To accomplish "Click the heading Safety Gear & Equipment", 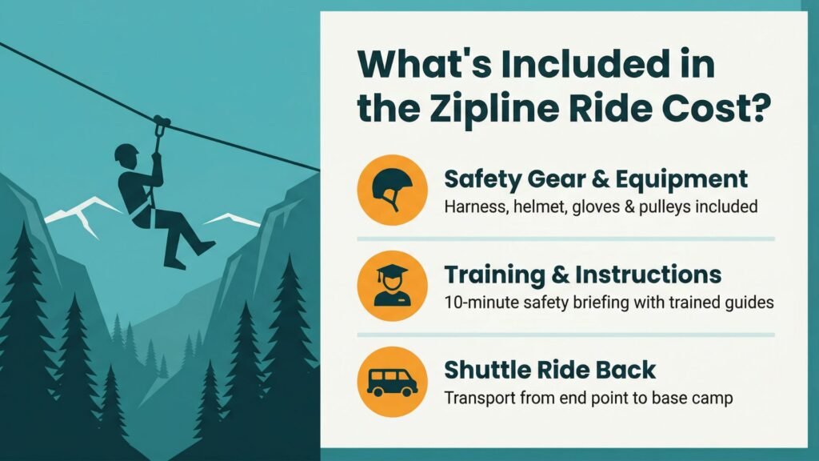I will (596, 178).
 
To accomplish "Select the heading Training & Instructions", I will (582, 275).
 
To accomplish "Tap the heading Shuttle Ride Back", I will (549, 370).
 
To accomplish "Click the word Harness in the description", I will (473, 207).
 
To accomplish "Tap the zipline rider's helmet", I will (126, 153).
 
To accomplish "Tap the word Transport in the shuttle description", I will (477, 398).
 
